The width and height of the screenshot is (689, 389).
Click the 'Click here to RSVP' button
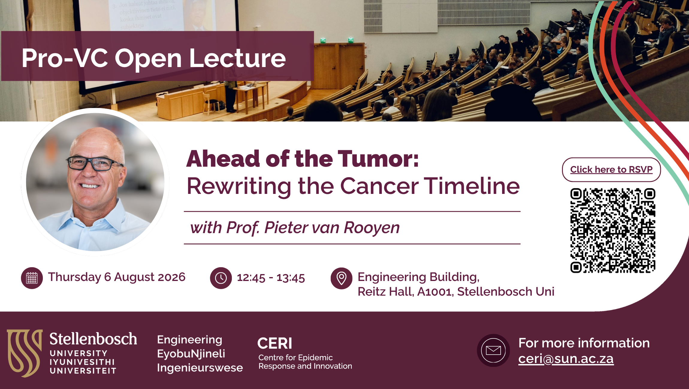[x=611, y=170]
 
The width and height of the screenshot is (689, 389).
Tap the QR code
[x=613, y=230]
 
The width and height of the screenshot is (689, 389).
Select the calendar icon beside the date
[x=32, y=278]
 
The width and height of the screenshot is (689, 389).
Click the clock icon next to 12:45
[x=221, y=278]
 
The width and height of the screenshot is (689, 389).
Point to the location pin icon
[x=341, y=278]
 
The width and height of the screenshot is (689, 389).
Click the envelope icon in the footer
[x=493, y=350]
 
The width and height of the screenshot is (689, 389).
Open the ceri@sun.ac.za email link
[x=566, y=359]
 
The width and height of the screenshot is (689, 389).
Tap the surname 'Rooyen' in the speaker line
[x=372, y=228]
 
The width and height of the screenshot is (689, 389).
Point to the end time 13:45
[x=291, y=278]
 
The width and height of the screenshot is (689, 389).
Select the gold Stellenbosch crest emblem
[x=25, y=353]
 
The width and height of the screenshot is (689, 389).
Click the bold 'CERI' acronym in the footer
[x=275, y=343]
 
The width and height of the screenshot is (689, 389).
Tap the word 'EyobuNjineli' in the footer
[x=191, y=354]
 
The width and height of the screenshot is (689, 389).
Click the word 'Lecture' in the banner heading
[x=238, y=58]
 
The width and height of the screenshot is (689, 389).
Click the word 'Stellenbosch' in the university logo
[x=93, y=339]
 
